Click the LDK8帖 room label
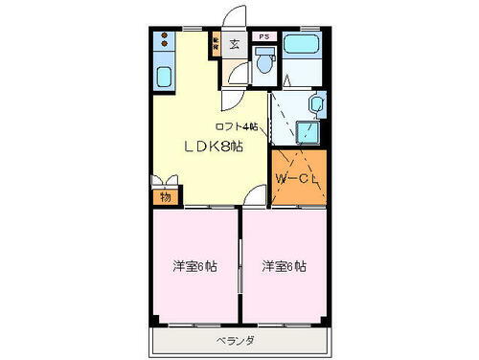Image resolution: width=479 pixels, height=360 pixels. [212, 146]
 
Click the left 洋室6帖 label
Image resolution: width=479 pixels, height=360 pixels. [194, 266]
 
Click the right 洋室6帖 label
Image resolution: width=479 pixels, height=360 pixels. [285, 266]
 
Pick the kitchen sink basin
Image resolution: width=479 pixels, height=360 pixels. [164, 79]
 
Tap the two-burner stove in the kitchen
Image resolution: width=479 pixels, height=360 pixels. [164, 43]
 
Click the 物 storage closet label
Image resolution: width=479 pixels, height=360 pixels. [165, 197]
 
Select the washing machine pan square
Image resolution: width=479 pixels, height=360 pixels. [308, 132]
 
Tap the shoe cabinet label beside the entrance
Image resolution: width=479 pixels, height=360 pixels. [217, 43]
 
